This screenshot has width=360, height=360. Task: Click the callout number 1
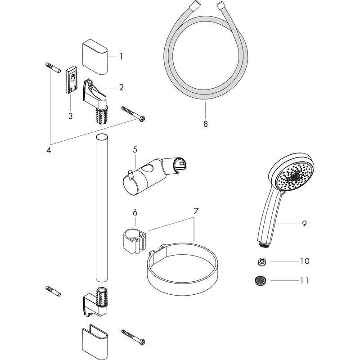click(121, 57)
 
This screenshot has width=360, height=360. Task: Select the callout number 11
click(305, 280)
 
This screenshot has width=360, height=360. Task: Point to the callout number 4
click(49, 150)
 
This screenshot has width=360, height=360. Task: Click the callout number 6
click(135, 212)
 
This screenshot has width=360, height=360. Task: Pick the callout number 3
click(71, 116)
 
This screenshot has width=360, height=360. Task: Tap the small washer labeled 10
click(261, 261)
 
